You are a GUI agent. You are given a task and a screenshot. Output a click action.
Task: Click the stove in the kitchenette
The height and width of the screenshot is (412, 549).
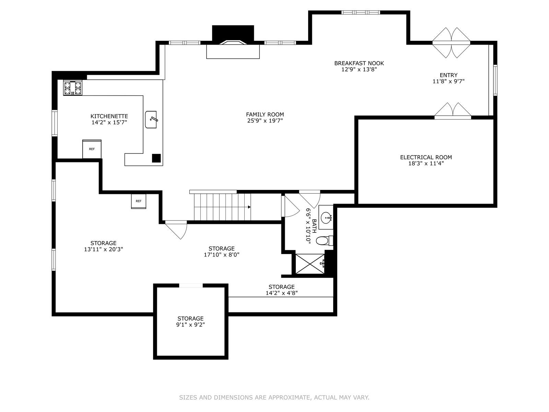[72, 88]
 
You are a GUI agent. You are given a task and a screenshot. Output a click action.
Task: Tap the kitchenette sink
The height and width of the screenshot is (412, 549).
[151, 119]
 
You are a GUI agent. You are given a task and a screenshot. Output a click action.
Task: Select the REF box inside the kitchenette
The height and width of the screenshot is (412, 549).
[92, 149]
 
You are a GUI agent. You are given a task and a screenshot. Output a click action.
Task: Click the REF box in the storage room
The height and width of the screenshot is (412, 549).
[139, 201]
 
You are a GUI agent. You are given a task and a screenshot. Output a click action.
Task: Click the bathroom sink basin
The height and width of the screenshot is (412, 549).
[326, 217]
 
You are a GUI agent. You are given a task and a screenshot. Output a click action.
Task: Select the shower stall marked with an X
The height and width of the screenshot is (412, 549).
[310, 264]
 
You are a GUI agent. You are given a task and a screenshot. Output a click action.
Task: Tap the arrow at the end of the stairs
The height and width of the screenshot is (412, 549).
[249, 207]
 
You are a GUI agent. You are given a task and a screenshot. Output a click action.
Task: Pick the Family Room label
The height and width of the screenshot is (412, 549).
[265, 115]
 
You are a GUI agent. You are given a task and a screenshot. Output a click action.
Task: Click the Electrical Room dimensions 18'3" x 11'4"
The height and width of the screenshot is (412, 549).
[426, 164]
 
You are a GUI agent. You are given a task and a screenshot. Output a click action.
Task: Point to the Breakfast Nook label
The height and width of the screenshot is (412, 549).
[359, 63]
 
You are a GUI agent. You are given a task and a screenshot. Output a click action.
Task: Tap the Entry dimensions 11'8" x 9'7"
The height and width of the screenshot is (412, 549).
[448, 81]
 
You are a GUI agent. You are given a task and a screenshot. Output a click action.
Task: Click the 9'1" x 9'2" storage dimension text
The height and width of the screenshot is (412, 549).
[190, 325]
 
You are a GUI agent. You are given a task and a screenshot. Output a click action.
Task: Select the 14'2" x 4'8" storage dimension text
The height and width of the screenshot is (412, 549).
[282, 293]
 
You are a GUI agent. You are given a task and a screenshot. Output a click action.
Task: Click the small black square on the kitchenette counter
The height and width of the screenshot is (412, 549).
[156, 158]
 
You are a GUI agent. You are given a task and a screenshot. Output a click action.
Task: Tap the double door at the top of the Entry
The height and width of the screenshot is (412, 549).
[451, 43]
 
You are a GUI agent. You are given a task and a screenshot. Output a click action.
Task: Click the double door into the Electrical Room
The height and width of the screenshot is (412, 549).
[453, 111]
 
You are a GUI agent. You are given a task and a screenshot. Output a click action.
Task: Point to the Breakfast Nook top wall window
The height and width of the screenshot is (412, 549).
[361, 12]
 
